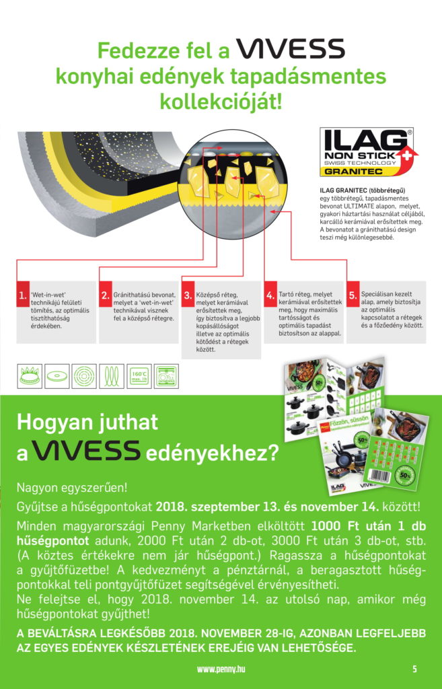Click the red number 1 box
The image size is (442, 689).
[x=22, y=294]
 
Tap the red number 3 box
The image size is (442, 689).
[x=188, y=294]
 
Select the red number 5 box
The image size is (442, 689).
[x=353, y=294]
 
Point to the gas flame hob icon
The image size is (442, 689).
[x=29, y=376]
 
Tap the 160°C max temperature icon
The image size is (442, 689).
[x=139, y=376]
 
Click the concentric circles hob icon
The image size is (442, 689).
[x=84, y=376]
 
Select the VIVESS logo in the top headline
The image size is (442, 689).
[x=290, y=49]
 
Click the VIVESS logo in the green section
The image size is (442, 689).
[x=87, y=450]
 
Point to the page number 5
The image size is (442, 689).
[x=414, y=669]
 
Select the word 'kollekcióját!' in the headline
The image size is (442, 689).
[x=221, y=103]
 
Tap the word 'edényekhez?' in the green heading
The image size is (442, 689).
[x=212, y=452]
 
